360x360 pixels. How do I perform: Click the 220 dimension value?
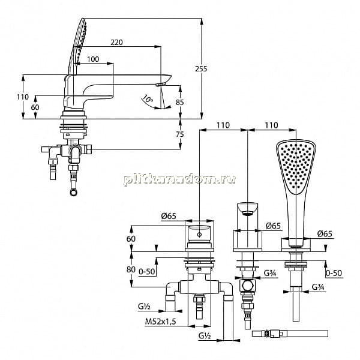[116, 42]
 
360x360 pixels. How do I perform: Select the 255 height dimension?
[201, 68]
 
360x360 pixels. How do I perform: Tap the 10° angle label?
[148, 99]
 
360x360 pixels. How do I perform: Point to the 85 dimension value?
[180, 102]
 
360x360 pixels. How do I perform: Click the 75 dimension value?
[180, 134]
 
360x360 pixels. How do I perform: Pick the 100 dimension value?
[93, 59]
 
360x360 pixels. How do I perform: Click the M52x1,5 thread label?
[160, 322]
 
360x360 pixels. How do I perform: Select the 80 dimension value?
[131, 269]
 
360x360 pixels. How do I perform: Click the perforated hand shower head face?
[296, 166]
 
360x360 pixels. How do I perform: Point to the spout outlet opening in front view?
[247, 214]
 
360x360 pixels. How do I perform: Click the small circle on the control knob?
[200, 235]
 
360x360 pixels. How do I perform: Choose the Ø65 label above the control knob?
[169, 216]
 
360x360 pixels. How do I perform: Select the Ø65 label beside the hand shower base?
[325, 234]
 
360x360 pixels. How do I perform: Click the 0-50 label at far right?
[334, 273]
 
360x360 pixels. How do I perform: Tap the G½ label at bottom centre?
[205, 336]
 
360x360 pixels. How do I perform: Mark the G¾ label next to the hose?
[318, 287]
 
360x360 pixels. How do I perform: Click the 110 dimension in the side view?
[23, 97]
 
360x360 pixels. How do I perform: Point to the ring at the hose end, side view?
[74, 192]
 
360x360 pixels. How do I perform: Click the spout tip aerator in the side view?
[160, 84]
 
